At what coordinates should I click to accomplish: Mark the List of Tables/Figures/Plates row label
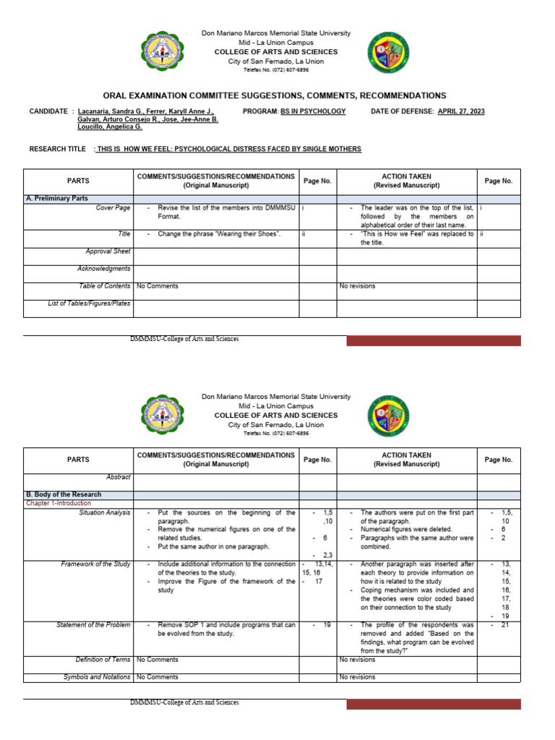click(x=89, y=304)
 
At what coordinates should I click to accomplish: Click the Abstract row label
click(x=118, y=477)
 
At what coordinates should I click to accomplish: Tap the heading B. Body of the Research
click(x=63, y=495)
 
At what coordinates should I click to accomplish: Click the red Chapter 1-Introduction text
click(x=59, y=503)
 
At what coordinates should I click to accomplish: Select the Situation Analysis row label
click(x=105, y=512)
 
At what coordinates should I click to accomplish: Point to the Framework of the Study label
click(x=95, y=564)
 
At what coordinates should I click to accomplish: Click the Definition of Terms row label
click(x=103, y=660)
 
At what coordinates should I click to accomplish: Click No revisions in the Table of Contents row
click(x=357, y=286)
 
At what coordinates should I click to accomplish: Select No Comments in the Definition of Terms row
click(x=157, y=660)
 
